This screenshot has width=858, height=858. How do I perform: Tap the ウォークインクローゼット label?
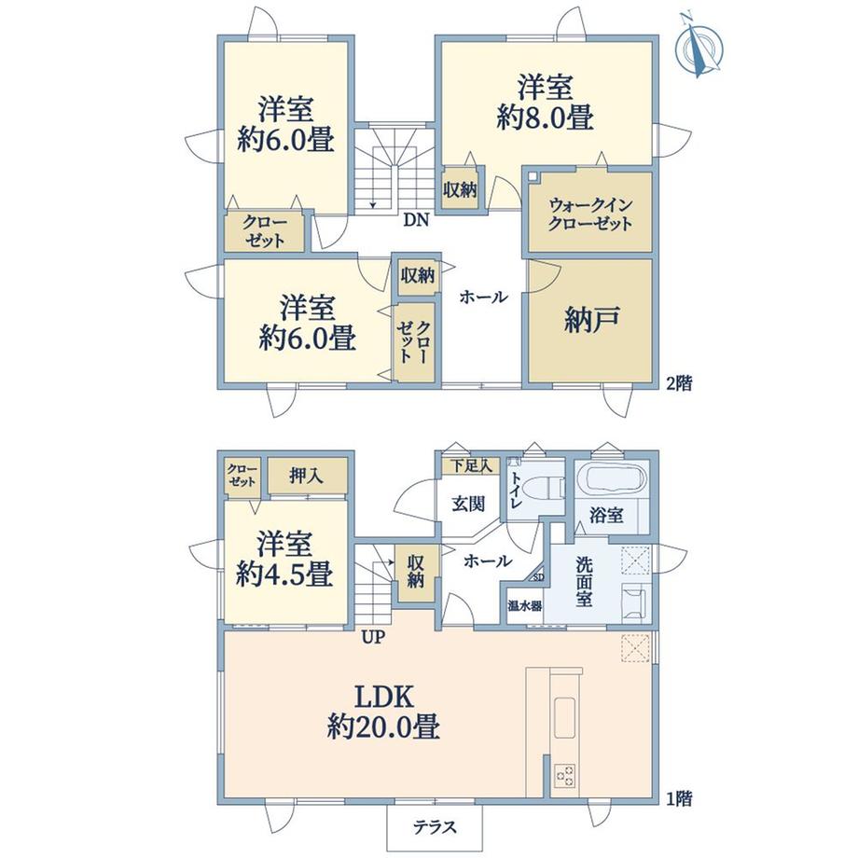point(590,214)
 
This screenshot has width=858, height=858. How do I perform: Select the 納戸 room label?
point(591,319)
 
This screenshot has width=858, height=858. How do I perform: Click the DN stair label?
point(416,220)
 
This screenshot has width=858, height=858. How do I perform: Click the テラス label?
point(435,827)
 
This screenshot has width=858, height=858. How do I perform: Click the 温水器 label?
point(525,606)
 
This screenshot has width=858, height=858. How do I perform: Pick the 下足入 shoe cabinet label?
point(471,466)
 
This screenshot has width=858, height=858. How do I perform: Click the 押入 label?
point(307,476)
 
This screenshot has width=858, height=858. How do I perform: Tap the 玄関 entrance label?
point(468,504)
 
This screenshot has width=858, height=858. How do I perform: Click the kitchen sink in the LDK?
point(565,717)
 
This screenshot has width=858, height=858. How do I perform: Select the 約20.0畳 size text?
point(383,727)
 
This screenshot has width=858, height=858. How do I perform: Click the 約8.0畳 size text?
point(545,118)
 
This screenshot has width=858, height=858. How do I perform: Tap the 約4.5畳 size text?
point(284,575)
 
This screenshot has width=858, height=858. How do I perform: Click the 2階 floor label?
point(679,383)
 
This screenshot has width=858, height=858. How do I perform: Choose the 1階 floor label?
point(679,799)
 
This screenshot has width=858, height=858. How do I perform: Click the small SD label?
point(538,576)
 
